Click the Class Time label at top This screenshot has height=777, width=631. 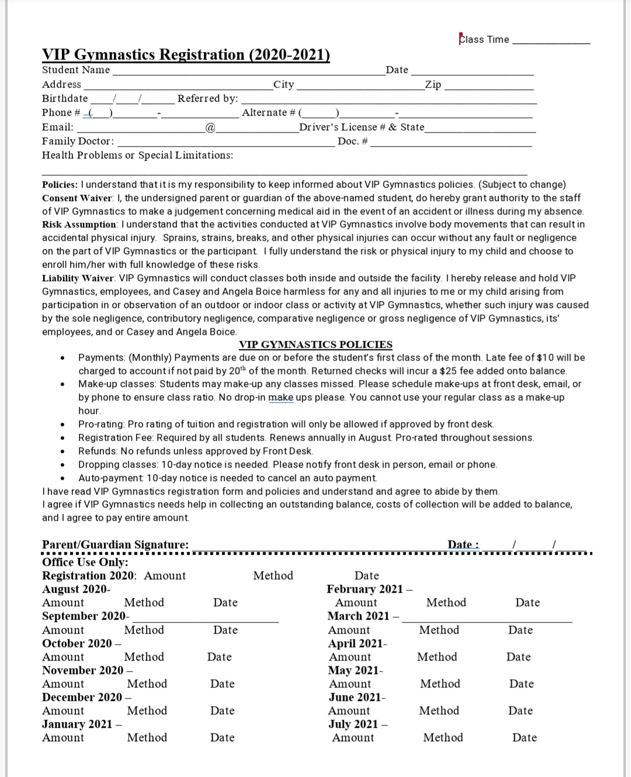(484, 40)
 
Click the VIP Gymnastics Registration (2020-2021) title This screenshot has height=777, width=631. (186, 55)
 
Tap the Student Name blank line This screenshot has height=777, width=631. (248, 71)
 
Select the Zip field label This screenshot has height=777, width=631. (433, 85)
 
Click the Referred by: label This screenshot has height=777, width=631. (207, 99)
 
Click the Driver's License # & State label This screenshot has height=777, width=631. (362, 127)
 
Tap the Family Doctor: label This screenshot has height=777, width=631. (78, 141)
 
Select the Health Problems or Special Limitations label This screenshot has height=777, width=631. (137, 156)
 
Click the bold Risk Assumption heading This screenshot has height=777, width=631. (79, 225)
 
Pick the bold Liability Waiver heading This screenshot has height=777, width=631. (79, 278)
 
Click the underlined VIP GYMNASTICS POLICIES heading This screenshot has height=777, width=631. (315, 344)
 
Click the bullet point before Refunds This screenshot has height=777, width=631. (62, 452)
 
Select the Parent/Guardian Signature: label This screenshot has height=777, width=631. (115, 545)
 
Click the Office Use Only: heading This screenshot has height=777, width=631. (85, 562)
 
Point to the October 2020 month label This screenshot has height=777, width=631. (77, 644)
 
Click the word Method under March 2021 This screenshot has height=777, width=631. (439, 630)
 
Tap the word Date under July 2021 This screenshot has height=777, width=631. (524, 738)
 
